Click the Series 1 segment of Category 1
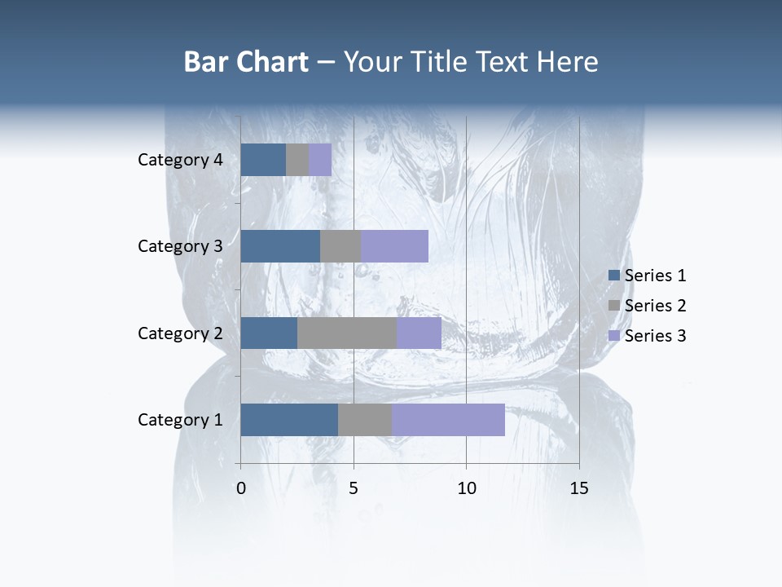pos(289,420)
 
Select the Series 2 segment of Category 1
pos(365,420)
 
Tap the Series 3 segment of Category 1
pos(448,420)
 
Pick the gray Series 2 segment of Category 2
pos(347,333)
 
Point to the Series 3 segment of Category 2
pos(419,333)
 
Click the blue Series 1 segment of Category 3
pos(280,246)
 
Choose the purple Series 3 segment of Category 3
pos(394,246)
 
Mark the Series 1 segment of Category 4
pos(263,160)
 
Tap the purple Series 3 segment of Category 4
pos(320,160)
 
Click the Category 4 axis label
pos(180,160)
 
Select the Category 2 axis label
pos(180,333)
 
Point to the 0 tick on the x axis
pos(241,489)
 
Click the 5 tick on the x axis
pos(354,489)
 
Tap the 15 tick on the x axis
pos(579,489)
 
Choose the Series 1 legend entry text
pos(655,276)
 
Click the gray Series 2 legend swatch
pos(614,306)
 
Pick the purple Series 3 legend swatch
pos(614,336)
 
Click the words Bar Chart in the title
pos(246,62)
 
